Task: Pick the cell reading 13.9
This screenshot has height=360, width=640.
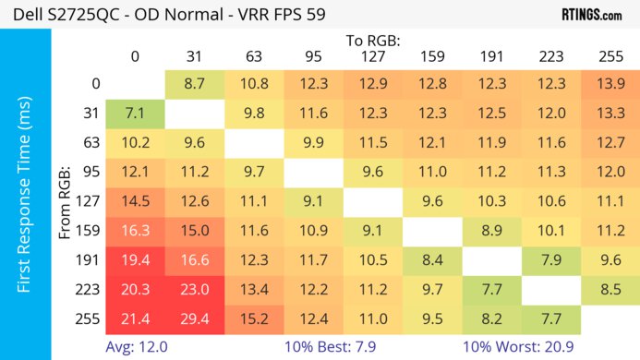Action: tap(610, 84)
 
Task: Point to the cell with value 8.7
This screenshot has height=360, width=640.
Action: tap(194, 84)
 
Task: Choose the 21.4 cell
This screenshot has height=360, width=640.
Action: tap(135, 318)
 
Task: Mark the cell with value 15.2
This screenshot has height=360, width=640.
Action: tap(254, 318)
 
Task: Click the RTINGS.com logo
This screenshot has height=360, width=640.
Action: tap(591, 15)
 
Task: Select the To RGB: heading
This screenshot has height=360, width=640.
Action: tap(373, 41)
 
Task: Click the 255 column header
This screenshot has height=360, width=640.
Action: tap(610, 56)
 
